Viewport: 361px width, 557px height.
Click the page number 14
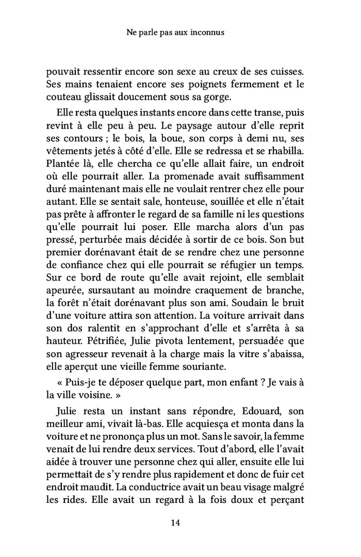tap(175, 522)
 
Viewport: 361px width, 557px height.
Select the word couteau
tap(62, 96)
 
